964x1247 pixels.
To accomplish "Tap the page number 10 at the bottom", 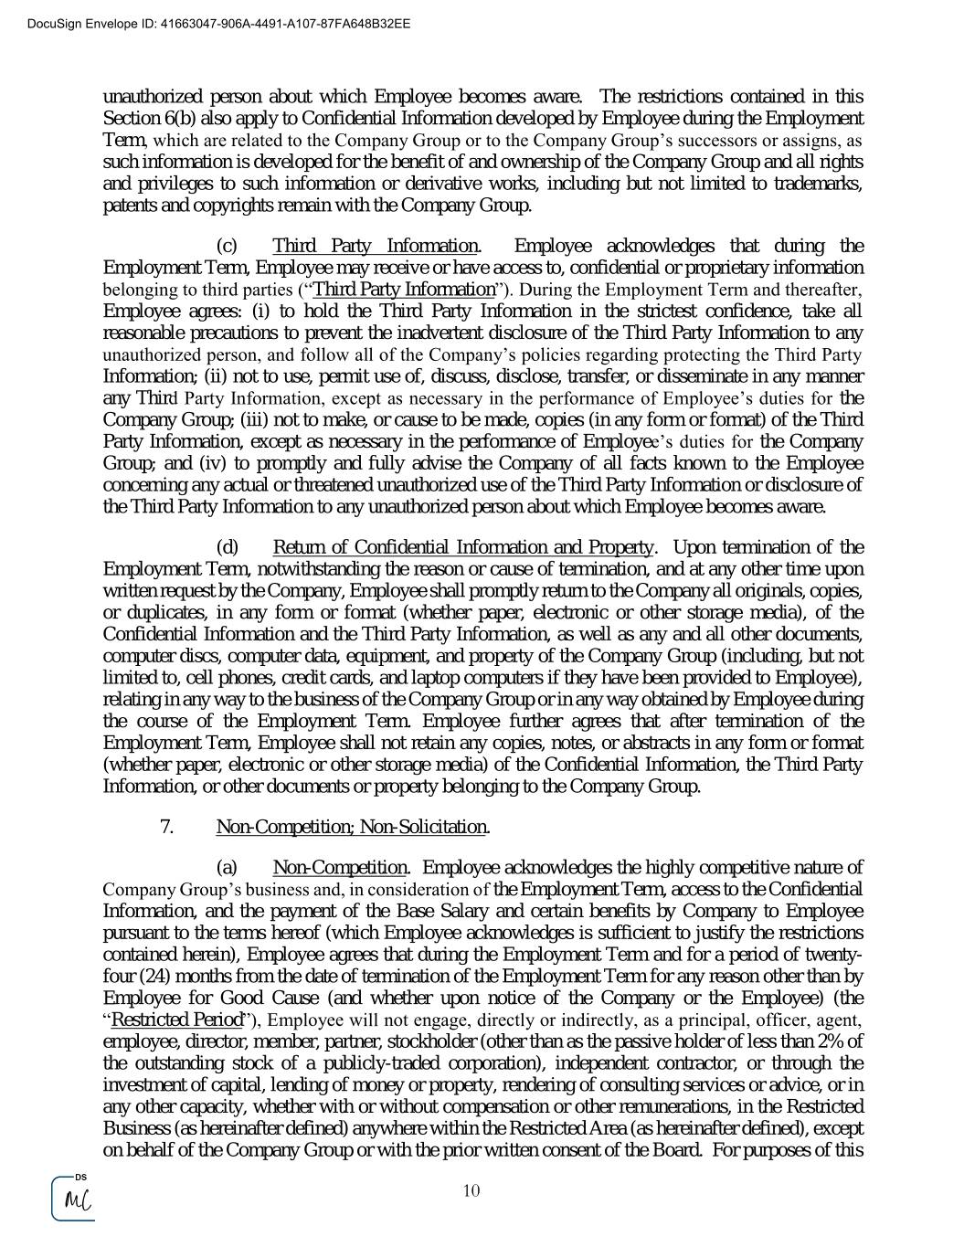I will [471, 1190].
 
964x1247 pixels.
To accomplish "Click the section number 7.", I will [167, 827].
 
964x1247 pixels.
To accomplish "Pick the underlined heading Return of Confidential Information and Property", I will [463, 547].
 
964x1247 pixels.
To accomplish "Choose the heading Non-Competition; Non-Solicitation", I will [352, 827].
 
